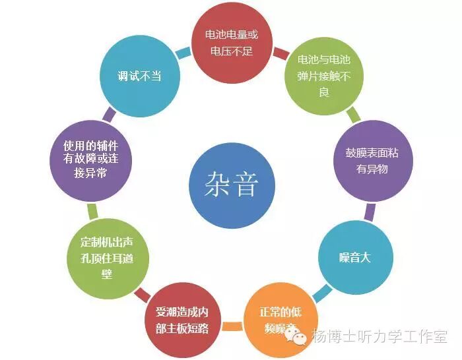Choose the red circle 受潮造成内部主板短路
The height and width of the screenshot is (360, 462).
(x=182, y=319)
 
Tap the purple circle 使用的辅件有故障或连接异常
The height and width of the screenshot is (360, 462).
(x=86, y=160)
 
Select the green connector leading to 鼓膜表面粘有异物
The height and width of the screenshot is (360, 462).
(x=354, y=114)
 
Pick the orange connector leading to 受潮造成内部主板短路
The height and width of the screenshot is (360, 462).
(x=232, y=326)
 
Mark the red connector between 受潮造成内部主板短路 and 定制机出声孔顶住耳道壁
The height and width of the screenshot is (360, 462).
(x=141, y=293)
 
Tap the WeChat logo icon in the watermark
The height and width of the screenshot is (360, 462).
(x=300, y=338)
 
